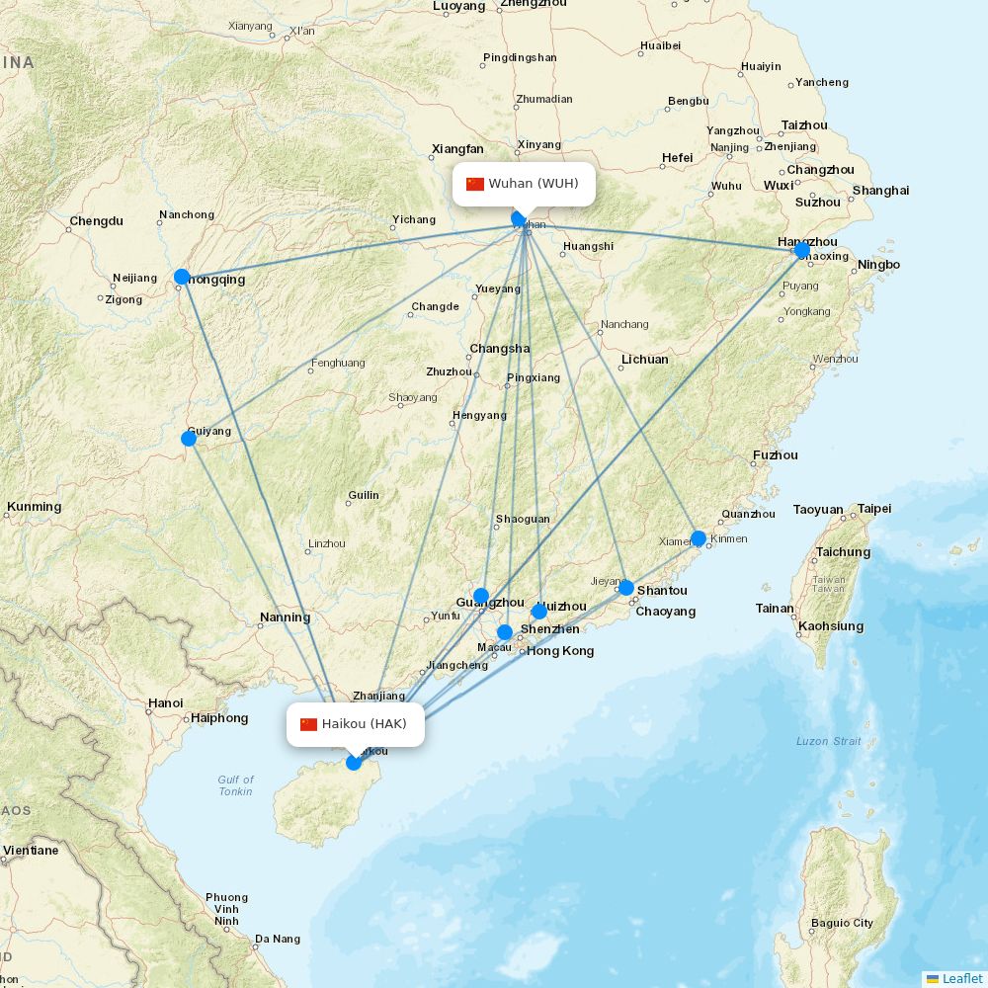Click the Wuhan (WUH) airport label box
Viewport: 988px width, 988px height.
pyautogui.click(x=525, y=184)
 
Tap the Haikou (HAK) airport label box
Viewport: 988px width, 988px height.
pyautogui.click(x=355, y=724)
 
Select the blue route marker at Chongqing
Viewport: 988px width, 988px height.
pyautogui.click(x=182, y=277)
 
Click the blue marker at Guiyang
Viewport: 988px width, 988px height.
pyautogui.click(x=189, y=438)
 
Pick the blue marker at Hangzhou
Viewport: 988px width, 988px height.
pyautogui.click(x=802, y=250)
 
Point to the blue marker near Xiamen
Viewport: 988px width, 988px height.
pyautogui.click(x=699, y=538)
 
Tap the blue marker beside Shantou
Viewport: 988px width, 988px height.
pyautogui.click(x=626, y=587)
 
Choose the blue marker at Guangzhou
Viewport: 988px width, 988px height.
pyautogui.click(x=481, y=596)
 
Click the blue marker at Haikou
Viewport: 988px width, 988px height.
pyautogui.click(x=354, y=762)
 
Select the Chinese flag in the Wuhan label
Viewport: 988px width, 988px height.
pyautogui.click(x=475, y=184)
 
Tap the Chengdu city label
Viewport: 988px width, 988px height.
pyautogui.click(x=97, y=221)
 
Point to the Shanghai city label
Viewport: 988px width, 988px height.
pyautogui.click(x=880, y=191)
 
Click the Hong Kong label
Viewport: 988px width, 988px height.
pyautogui.click(x=560, y=651)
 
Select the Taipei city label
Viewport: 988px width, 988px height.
pyautogui.click(x=873, y=509)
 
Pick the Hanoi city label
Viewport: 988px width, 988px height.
pyautogui.click(x=165, y=703)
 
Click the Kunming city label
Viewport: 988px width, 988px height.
pyautogui.click(x=34, y=507)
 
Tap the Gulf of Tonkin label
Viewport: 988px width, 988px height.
pyautogui.click(x=235, y=785)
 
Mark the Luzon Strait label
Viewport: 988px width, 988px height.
pyautogui.click(x=828, y=741)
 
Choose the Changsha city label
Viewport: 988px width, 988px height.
pyautogui.click(x=499, y=349)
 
